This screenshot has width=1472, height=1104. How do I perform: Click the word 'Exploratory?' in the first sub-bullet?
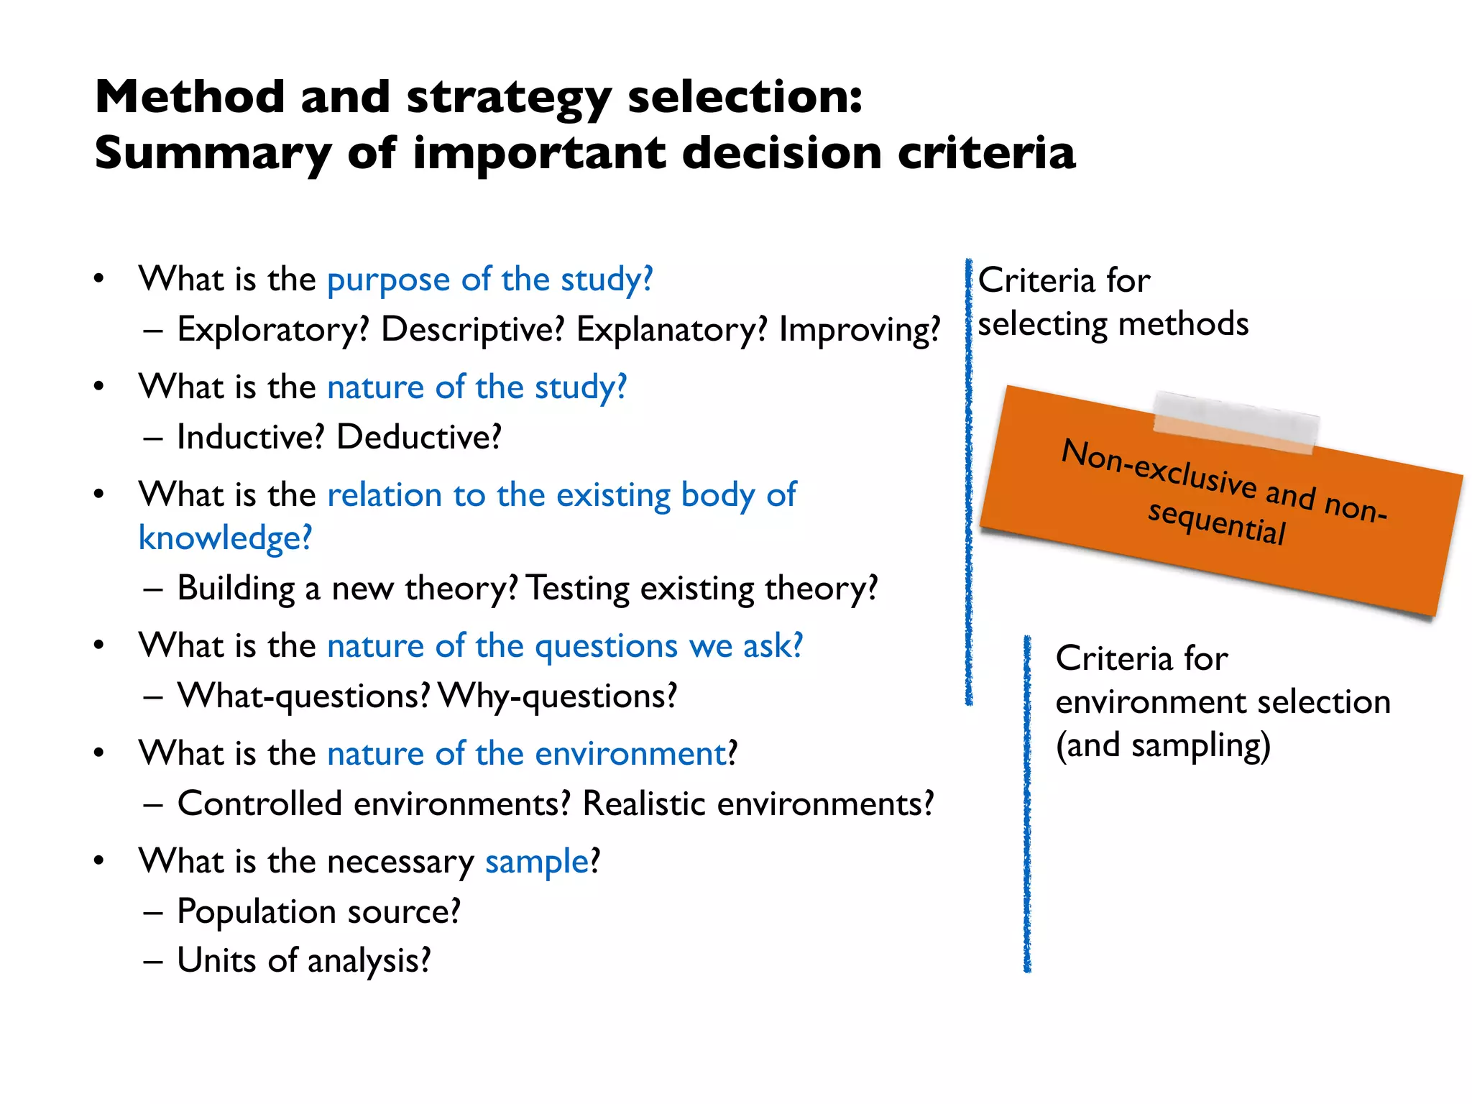pyautogui.click(x=272, y=330)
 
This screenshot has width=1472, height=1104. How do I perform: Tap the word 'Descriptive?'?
pyautogui.click(x=472, y=330)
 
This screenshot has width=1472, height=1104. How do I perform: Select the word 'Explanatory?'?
pyautogui.click(x=671, y=330)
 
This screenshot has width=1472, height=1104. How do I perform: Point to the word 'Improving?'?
pyautogui.click(x=859, y=330)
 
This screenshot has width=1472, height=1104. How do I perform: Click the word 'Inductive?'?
pyautogui.click(x=250, y=437)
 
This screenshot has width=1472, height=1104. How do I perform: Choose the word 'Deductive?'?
pyautogui.click(x=418, y=437)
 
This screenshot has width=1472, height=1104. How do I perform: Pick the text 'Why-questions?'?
pyautogui.click(x=558, y=696)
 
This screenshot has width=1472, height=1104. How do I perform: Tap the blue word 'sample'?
pyautogui.click(x=537, y=861)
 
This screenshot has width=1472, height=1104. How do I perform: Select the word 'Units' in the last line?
pyautogui.click(x=216, y=960)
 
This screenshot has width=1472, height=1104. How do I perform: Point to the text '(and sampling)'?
pyautogui.click(x=1163, y=745)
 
